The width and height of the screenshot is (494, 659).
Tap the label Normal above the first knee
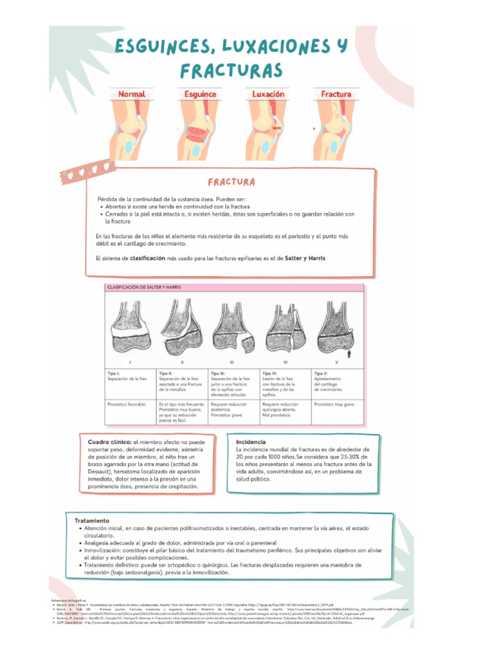(x=131, y=94)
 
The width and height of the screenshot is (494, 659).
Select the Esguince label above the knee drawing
(x=200, y=94)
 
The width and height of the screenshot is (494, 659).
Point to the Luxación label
(x=268, y=94)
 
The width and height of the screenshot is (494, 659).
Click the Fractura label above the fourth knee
(x=336, y=94)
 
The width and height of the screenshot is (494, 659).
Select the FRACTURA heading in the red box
(x=231, y=182)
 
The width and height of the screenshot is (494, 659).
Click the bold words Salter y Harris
(x=305, y=258)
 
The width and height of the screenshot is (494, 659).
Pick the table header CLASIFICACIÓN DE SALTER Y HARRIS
(x=143, y=288)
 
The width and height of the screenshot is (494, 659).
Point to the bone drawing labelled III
(x=232, y=327)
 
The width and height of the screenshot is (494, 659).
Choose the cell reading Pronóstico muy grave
(x=334, y=404)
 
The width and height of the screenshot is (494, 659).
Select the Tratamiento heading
(x=92, y=520)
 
